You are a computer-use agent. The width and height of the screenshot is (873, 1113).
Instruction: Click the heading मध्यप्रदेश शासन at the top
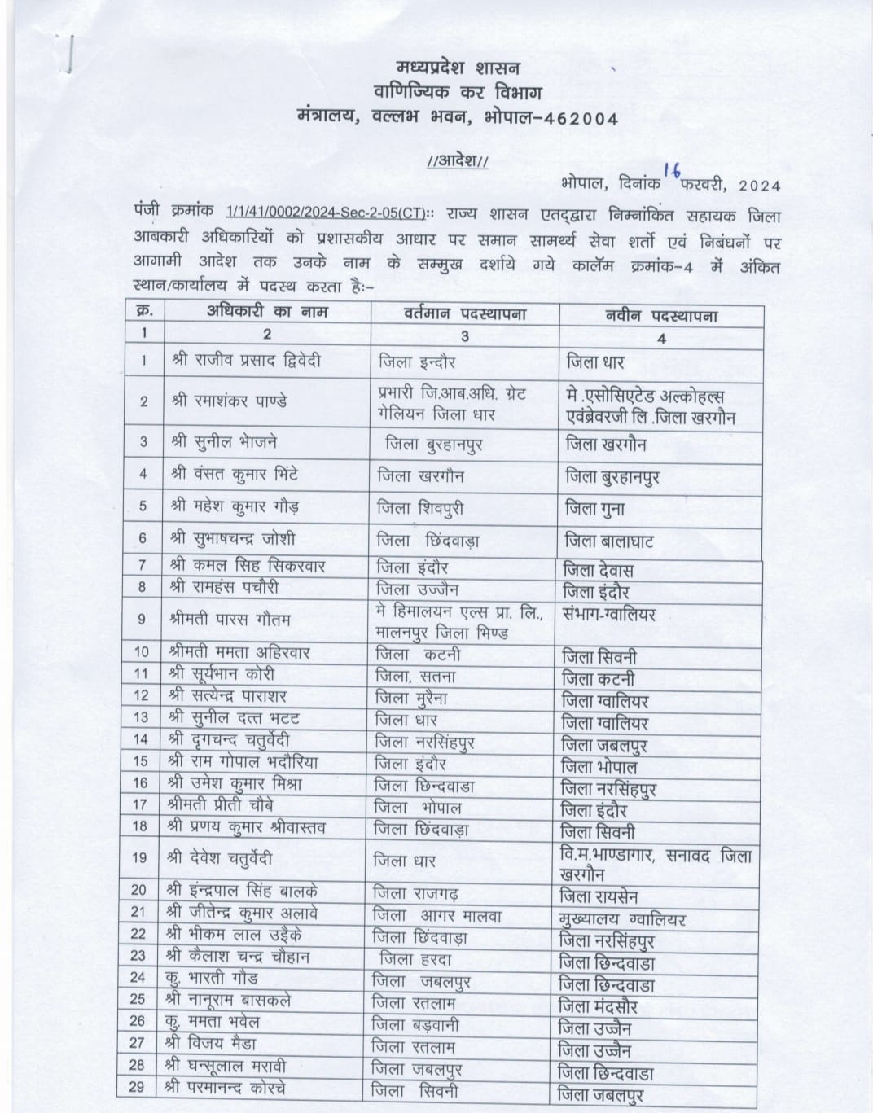point(458,66)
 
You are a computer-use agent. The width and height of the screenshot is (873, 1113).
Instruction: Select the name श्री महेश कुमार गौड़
point(235,506)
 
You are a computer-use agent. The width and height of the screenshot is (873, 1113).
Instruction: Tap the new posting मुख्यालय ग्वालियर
point(623,919)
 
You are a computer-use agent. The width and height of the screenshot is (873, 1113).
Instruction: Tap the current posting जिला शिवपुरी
point(421,507)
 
